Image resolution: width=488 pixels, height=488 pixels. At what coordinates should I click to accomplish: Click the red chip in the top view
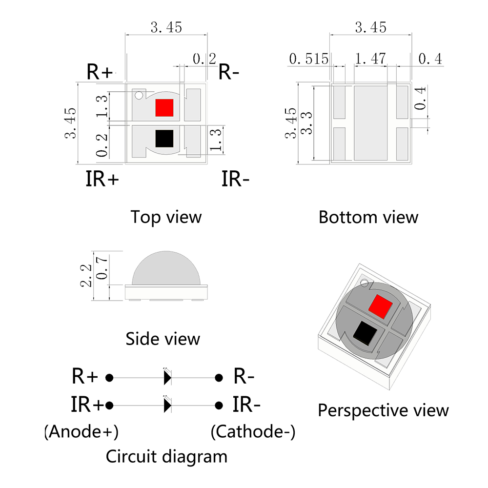pyautogui.click(x=164, y=107)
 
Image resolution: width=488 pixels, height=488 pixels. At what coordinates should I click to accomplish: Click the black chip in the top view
pyautogui.click(x=164, y=139)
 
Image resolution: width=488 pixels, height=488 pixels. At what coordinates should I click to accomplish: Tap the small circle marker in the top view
pyautogui.click(x=139, y=95)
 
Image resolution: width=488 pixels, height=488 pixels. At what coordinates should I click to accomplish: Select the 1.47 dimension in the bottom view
pyautogui.click(x=370, y=59)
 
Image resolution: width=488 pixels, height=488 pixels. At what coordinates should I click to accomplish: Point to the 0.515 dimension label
pyautogui.click(x=308, y=59)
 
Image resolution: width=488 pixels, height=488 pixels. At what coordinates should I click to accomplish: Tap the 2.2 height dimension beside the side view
pyautogui.click(x=86, y=276)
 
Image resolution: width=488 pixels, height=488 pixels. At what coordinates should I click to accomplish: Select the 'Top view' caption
pyautogui.click(x=165, y=217)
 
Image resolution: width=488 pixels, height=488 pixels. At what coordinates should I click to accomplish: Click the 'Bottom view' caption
pyautogui.click(x=368, y=217)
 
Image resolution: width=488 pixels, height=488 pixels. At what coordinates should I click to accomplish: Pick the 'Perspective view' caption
pyautogui.click(x=383, y=410)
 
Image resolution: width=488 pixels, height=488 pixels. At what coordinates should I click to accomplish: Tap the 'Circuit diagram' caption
pyautogui.click(x=166, y=457)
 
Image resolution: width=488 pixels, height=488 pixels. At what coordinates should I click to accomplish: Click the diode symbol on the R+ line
pyautogui.click(x=167, y=377)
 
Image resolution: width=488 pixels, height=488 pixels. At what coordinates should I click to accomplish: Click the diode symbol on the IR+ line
pyautogui.click(x=167, y=405)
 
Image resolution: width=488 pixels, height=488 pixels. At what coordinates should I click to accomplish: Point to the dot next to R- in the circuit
pyautogui.click(x=219, y=377)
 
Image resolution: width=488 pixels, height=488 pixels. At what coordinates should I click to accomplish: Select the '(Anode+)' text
pyautogui.click(x=81, y=431)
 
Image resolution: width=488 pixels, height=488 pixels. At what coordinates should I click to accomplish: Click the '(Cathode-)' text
pyautogui.click(x=253, y=431)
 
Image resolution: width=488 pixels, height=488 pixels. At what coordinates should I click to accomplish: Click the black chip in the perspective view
pyautogui.click(x=365, y=334)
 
